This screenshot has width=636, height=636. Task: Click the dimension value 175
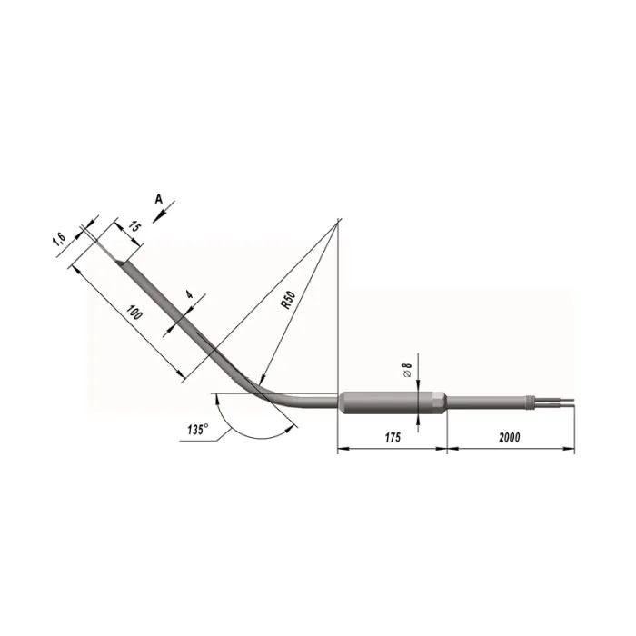coord(393,437)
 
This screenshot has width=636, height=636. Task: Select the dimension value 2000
coord(510,437)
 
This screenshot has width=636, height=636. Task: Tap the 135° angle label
coord(197,430)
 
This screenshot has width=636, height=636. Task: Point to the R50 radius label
coord(288,300)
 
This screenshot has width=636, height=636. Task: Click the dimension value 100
coord(134,313)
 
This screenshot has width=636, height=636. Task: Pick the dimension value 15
coord(134,226)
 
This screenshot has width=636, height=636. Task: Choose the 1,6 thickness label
coord(59,240)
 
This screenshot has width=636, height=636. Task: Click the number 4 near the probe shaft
coord(190,295)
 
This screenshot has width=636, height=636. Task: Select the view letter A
coord(159,199)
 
